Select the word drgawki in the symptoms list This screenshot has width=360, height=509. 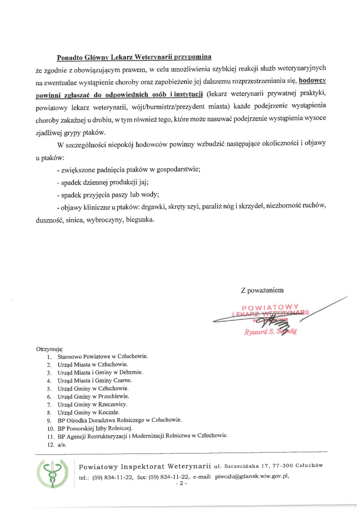point(153,207)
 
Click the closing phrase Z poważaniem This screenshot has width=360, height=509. point(262,290)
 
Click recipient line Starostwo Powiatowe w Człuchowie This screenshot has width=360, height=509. point(102,357)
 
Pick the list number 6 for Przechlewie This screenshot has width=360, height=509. point(49,397)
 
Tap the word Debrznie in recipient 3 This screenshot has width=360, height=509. point(131,372)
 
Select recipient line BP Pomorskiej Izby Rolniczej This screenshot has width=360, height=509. point(95,428)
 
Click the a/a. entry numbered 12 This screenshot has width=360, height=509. point(62,445)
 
